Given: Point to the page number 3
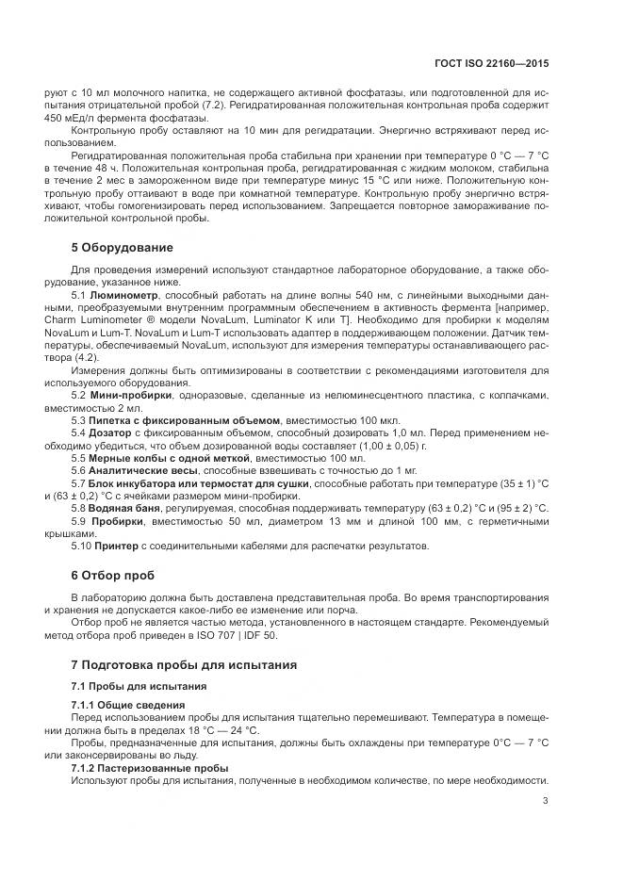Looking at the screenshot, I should [546, 802].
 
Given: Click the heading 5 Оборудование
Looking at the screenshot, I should [123, 248].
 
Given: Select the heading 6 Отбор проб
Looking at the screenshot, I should [113, 575].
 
